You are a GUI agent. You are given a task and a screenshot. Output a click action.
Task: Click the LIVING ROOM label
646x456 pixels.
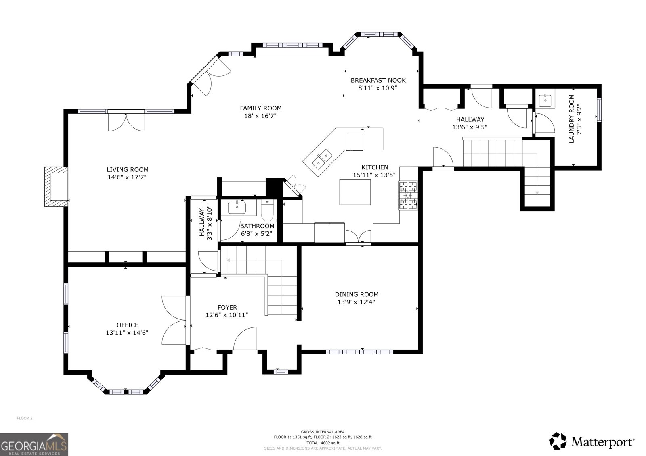[x=128, y=170]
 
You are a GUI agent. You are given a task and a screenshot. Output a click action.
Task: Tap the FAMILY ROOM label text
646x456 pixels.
[x=261, y=108]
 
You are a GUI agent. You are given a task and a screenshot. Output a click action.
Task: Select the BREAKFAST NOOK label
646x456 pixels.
[x=378, y=81]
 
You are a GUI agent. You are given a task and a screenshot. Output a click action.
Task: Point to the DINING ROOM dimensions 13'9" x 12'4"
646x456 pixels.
[x=356, y=302]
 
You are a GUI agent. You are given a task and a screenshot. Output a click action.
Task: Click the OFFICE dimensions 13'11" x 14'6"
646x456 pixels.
[x=127, y=332]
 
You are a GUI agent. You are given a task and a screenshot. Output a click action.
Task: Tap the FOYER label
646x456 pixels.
[x=227, y=307]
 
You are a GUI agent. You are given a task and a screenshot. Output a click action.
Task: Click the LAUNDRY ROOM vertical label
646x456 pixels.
[x=571, y=119]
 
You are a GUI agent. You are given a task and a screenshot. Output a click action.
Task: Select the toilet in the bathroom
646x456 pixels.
[x=267, y=210]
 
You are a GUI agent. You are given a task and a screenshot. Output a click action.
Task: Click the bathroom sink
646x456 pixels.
[x=237, y=208]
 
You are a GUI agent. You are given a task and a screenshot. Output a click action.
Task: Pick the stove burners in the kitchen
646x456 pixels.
[x=408, y=195]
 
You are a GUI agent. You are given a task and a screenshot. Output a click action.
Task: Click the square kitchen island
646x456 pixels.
[x=355, y=192]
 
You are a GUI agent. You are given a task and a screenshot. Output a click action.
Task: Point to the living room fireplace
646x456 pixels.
[x=56, y=186]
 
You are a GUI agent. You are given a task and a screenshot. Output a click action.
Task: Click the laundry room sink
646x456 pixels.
[x=545, y=100]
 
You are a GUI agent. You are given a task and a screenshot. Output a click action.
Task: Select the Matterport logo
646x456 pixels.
[x=591, y=441]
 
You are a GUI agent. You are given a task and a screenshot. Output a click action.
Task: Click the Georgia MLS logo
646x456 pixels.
[x=34, y=444]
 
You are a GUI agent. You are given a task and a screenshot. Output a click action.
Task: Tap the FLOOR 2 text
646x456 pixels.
[x=25, y=418]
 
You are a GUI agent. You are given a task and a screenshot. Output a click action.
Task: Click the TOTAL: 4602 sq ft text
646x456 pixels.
[x=323, y=443]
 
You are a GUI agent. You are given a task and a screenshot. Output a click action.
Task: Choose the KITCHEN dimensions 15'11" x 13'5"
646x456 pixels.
[x=374, y=175]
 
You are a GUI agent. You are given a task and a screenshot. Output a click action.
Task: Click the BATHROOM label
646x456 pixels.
[x=257, y=226]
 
